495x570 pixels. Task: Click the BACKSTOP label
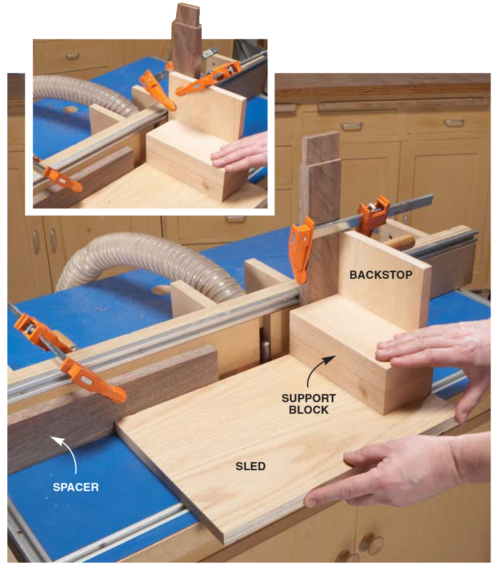tap(381, 275)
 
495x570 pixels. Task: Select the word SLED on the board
tap(250, 466)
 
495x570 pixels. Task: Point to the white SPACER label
tap(75, 487)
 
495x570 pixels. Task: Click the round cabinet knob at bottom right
tap(372, 542)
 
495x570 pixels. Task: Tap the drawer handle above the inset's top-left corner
tap(72, 57)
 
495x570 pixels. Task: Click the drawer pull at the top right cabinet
tap(453, 123)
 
